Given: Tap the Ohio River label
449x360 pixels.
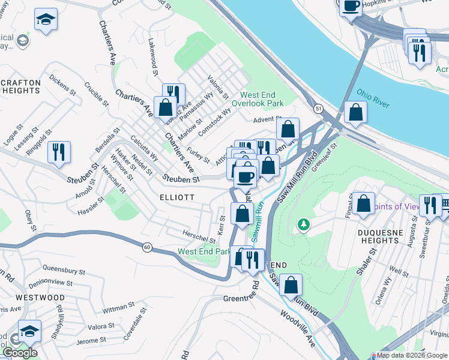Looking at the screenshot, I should coord(373,96).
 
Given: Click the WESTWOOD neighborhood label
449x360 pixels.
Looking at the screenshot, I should coord(40,298).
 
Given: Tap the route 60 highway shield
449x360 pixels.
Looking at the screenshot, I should coord(146,246).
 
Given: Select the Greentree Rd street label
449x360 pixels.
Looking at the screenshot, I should coord(241,298).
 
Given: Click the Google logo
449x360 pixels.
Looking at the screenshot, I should coord(20,353).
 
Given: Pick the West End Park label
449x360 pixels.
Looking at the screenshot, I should coord(204,251).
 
